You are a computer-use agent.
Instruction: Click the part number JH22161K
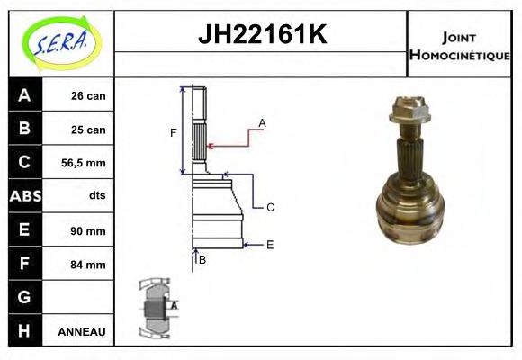(x=261, y=36)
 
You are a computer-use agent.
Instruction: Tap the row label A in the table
(x=24, y=95)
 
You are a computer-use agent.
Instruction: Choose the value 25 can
(x=89, y=130)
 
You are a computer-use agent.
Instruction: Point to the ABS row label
(x=24, y=196)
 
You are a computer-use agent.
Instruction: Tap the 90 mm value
(x=89, y=231)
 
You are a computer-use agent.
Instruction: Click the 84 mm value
(x=89, y=265)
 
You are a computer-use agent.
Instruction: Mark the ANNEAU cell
(x=82, y=332)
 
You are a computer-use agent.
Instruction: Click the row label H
(x=24, y=331)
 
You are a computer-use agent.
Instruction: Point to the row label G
(x=24, y=297)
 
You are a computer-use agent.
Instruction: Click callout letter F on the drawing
(x=174, y=133)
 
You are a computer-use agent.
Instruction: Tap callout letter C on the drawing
(x=269, y=207)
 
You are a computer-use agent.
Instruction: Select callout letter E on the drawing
(x=269, y=244)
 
